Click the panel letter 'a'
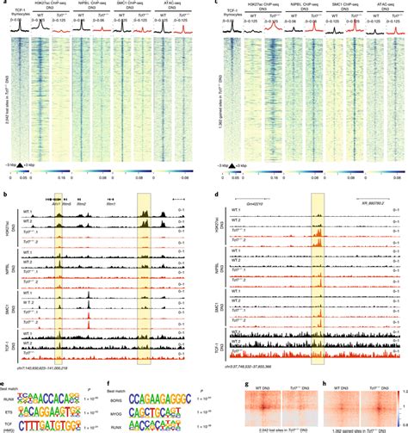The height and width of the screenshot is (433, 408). coord(3,3)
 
